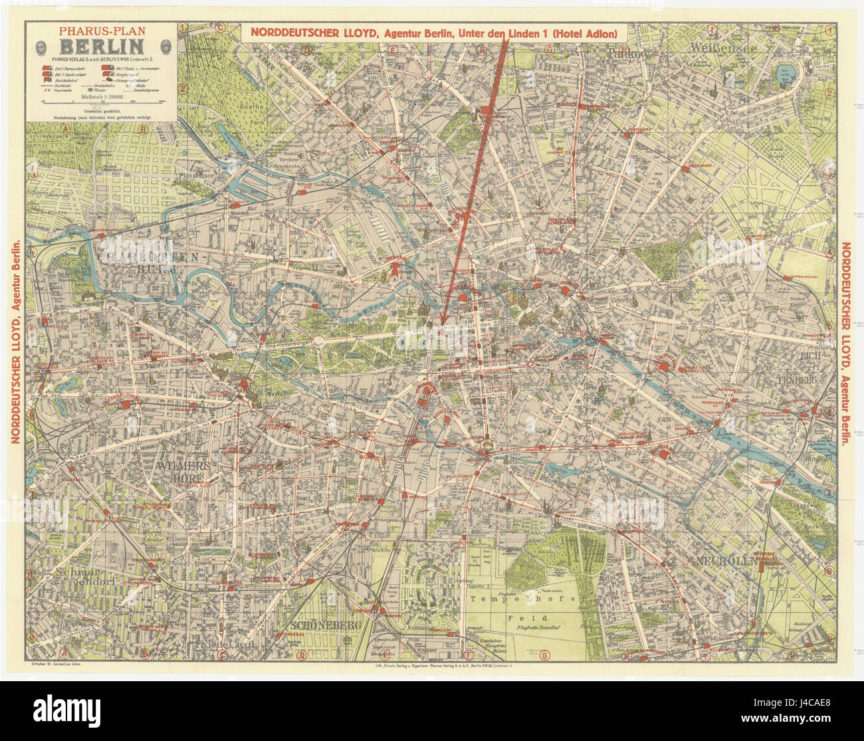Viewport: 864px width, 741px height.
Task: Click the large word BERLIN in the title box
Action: [101, 47]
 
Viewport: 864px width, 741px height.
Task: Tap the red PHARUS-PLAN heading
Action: [101, 31]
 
